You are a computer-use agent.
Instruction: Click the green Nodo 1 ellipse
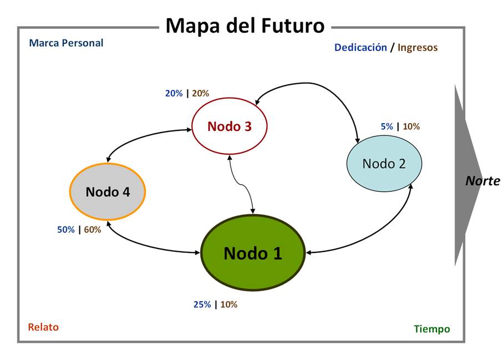click(253, 253)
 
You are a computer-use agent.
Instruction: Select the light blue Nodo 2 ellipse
click(384, 164)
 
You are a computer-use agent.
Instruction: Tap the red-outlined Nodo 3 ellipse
click(230, 126)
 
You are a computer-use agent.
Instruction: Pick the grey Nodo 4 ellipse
click(108, 192)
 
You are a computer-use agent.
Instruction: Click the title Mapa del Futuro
click(245, 26)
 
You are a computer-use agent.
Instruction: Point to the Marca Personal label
click(66, 43)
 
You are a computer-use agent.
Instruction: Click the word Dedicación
click(360, 48)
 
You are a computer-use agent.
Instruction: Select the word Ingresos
click(418, 48)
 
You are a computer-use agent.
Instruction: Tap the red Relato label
click(43, 327)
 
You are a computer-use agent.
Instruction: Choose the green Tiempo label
click(432, 329)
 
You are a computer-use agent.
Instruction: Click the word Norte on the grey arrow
click(482, 181)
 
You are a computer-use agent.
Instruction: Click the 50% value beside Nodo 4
click(66, 230)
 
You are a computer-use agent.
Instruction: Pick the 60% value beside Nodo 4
click(93, 230)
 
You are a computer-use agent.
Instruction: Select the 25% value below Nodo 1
click(202, 305)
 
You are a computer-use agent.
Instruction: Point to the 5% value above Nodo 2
click(387, 126)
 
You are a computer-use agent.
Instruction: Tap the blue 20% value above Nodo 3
click(174, 93)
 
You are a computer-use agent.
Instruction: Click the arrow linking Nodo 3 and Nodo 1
click(241, 184)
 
